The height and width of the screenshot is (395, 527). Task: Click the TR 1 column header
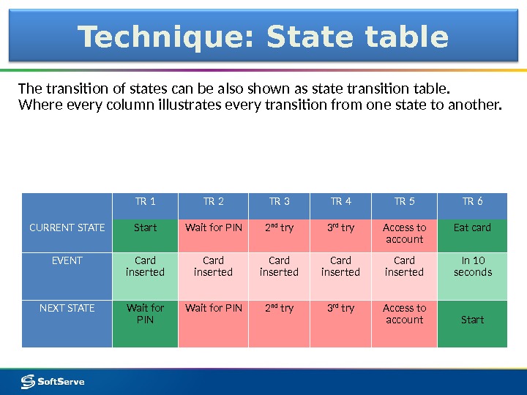pos(145,202)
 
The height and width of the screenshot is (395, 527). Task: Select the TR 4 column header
pos(341,202)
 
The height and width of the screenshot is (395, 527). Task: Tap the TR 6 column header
pos(472,202)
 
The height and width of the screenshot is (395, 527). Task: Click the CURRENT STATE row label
pos(67,228)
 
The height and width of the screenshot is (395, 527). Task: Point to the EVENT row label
pos(67,261)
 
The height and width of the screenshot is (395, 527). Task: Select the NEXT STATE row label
pos(67,309)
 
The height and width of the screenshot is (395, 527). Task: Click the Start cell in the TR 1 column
pos(145,228)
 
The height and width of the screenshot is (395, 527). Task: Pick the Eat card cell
pos(472,228)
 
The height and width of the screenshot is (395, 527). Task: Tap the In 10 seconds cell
pos(472,267)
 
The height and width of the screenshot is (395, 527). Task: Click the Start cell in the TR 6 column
pos(472,320)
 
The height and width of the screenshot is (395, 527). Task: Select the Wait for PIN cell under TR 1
pos(145,314)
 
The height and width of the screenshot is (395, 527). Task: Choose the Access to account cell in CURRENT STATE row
pos(404,233)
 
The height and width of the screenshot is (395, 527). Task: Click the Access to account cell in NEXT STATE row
pos(404,314)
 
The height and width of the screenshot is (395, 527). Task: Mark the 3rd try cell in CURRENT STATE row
pos(341,228)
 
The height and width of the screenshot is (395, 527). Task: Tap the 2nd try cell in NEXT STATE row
pos(279,309)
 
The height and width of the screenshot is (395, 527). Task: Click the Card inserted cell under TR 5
pos(404,267)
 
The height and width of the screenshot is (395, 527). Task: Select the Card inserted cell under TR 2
pos(213,267)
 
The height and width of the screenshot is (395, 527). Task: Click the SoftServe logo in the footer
pos(53,381)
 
